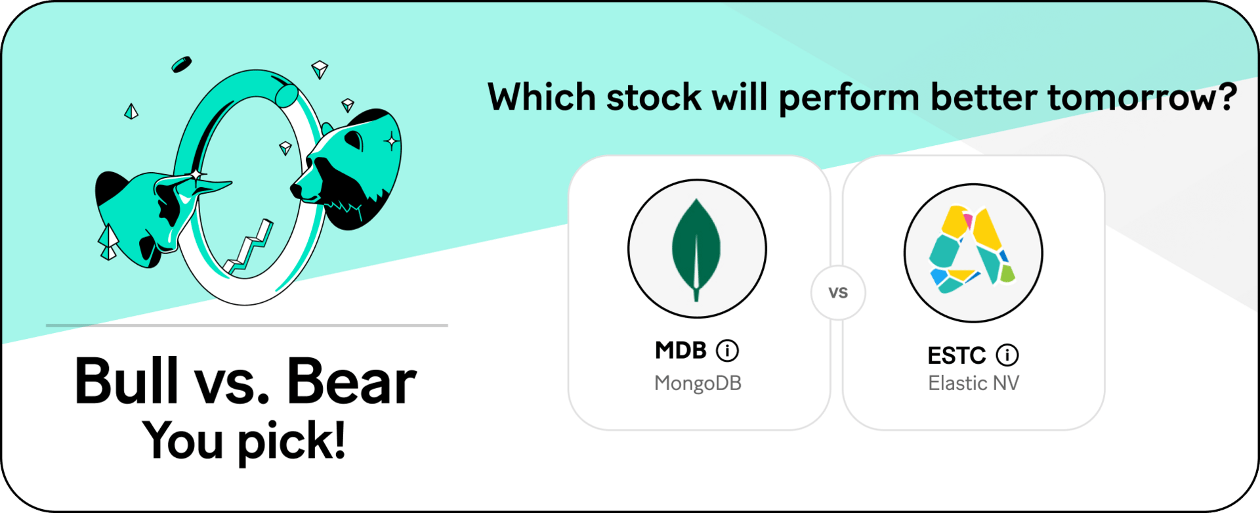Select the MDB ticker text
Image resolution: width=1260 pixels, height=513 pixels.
(x=681, y=350)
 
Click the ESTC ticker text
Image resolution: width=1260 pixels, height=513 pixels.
(x=956, y=355)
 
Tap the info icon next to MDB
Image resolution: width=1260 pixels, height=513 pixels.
(x=727, y=351)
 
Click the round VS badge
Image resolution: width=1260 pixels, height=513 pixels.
(x=838, y=292)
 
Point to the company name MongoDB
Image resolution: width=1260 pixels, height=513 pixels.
(x=698, y=383)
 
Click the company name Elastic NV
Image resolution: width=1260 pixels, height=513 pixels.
(x=973, y=383)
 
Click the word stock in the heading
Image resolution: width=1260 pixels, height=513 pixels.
(x=654, y=97)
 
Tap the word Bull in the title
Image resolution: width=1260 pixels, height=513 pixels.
(x=127, y=380)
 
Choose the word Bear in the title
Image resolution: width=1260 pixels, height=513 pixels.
(x=351, y=381)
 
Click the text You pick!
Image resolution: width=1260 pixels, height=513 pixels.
(x=244, y=440)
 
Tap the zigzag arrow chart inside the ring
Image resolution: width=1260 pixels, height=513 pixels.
(x=249, y=247)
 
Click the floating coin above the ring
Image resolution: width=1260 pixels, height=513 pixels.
(x=181, y=64)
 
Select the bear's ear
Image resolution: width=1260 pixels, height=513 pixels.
(x=354, y=139)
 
